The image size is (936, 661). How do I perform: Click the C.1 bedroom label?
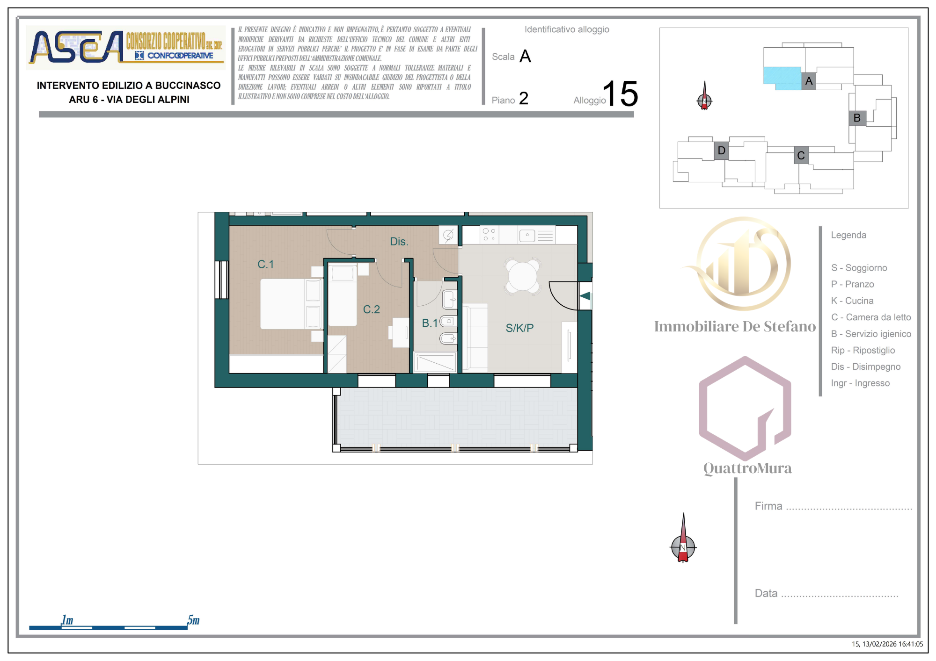pos(265,264)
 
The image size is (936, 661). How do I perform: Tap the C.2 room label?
pos(371,309)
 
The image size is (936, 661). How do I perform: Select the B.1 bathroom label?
pos(430,323)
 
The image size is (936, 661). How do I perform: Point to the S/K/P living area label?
pos(519,328)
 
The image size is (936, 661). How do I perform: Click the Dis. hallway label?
pos(399,242)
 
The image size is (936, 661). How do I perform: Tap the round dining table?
pos(523,276)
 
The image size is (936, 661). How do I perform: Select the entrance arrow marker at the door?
pos(585,296)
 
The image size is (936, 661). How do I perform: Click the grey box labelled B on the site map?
pos(857,118)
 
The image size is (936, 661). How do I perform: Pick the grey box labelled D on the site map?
pos(722,151)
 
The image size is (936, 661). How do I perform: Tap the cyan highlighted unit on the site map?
pos(782,78)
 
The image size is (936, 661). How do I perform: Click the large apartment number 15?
pos(620,93)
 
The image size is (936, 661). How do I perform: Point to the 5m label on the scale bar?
pos(193,620)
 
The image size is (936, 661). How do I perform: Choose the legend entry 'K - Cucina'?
pos(852,301)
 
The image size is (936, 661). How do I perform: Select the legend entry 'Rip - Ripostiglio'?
pos(863,350)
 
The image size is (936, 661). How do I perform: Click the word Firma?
pos(768,506)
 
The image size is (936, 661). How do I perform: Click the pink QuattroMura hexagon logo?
pos(745,408)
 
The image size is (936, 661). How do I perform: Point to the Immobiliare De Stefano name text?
pos(735,326)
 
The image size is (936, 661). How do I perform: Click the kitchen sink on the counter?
pos(527,236)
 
